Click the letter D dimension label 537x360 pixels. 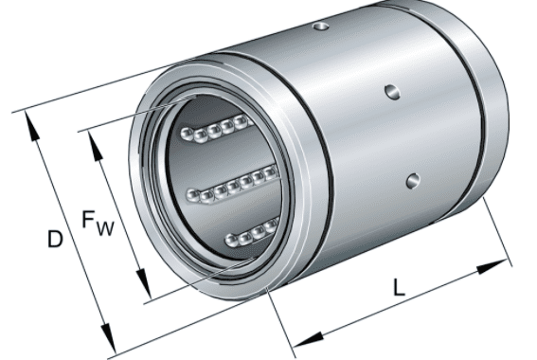click(55, 239)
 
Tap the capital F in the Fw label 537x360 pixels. click(88, 220)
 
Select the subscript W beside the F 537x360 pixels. click(105, 228)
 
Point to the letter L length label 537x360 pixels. click(399, 287)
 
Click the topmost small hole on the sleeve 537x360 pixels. click(321, 26)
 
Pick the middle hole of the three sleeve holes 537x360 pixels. click(392, 92)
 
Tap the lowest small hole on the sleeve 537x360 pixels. click(413, 181)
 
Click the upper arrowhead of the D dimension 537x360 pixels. click(32, 127)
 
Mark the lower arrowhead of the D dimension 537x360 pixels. click(109, 339)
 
